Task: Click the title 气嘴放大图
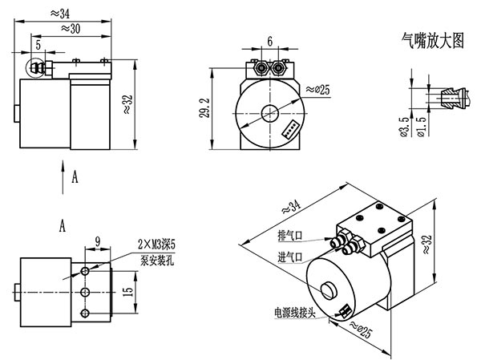click(433, 41)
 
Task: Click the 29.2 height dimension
click(204, 108)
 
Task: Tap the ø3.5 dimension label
click(405, 127)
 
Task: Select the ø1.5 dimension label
click(422, 127)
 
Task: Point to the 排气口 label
click(290, 236)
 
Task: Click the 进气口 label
click(290, 257)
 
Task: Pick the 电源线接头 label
click(295, 313)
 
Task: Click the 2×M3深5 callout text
click(156, 245)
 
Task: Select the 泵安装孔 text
click(157, 261)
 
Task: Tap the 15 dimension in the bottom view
click(128, 292)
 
